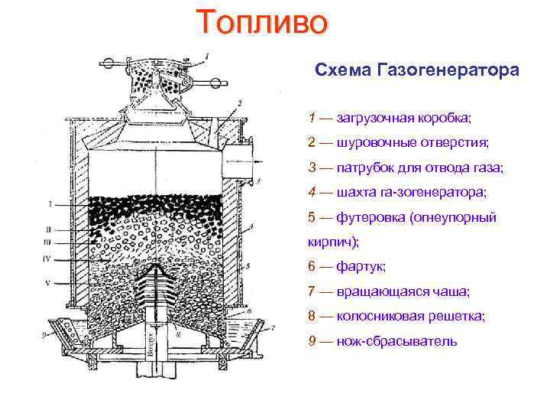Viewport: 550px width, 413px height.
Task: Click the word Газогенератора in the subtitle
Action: [x=448, y=70]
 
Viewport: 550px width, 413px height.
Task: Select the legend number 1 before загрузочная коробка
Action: [x=312, y=119]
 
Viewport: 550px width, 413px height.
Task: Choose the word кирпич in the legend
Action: [x=331, y=242]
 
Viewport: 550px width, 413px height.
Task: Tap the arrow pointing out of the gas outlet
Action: [x=257, y=162]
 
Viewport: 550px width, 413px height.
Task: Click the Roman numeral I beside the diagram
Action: [x=50, y=204]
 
